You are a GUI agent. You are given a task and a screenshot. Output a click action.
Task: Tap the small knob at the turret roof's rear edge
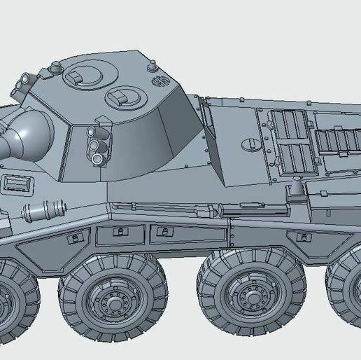pyautogui.click(x=150, y=65)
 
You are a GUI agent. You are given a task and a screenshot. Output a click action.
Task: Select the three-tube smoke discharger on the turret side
pyautogui.click(x=97, y=145)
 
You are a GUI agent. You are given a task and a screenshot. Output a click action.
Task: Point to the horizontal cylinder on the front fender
pyautogui.click(x=46, y=209)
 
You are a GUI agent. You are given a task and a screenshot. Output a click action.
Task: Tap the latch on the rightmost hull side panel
pyautogui.click(x=302, y=236)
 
